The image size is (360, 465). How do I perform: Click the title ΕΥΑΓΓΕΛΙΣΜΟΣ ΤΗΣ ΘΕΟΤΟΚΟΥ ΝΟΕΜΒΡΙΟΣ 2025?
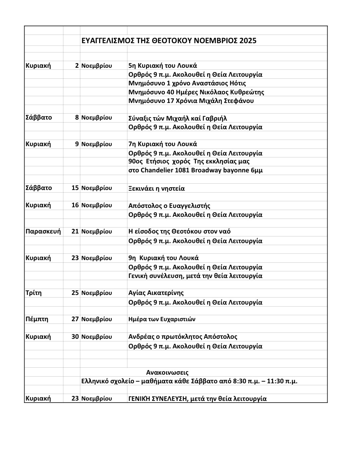coord(169,41)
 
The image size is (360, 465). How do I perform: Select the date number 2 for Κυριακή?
coord(77,65)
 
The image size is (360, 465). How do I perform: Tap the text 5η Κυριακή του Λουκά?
coord(163,65)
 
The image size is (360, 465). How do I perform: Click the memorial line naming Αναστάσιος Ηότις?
coord(187,83)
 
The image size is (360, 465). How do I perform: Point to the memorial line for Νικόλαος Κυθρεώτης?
coord(196,92)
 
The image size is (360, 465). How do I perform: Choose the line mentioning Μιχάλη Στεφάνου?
coord(191,101)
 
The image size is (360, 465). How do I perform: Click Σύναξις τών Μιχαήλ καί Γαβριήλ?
coord(178,118)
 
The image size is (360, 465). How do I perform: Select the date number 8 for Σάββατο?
coord(77,118)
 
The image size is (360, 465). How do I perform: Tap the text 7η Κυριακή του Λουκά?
coord(163,144)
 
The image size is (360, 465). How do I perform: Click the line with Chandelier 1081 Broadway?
coord(195,170)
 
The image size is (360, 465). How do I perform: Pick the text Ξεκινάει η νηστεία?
coord(157,188)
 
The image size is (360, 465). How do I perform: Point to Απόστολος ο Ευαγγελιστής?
coord(169,206)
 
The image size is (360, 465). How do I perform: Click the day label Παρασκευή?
coord(43,232)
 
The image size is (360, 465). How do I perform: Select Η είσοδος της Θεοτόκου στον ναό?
coord(180,232)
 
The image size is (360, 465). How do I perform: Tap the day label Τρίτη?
coord(34,293)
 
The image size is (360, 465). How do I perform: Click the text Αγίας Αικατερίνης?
coord(156,293)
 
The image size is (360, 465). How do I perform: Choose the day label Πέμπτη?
coord(37,319)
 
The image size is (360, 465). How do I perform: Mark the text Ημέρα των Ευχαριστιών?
coord(162,319)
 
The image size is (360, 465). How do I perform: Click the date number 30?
coord(75,337)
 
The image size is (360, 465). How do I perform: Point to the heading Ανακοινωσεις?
coord(167,373)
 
